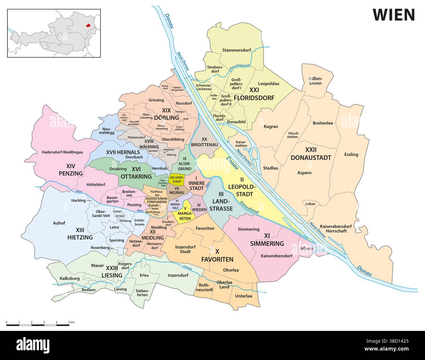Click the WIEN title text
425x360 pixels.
(x=394, y=14)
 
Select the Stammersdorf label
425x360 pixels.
(x=236, y=50)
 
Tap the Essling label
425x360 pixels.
(x=351, y=154)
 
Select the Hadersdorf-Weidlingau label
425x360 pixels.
(x=62, y=152)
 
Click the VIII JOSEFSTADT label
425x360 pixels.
(x=177, y=179)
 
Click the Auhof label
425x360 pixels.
(x=59, y=223)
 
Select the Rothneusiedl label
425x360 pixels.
(x=204, y=287)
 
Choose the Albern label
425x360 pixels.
(x=306, y=249)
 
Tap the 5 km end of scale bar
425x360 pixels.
(x=69, y=325)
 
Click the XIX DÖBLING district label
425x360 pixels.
(x=167, y=114)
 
